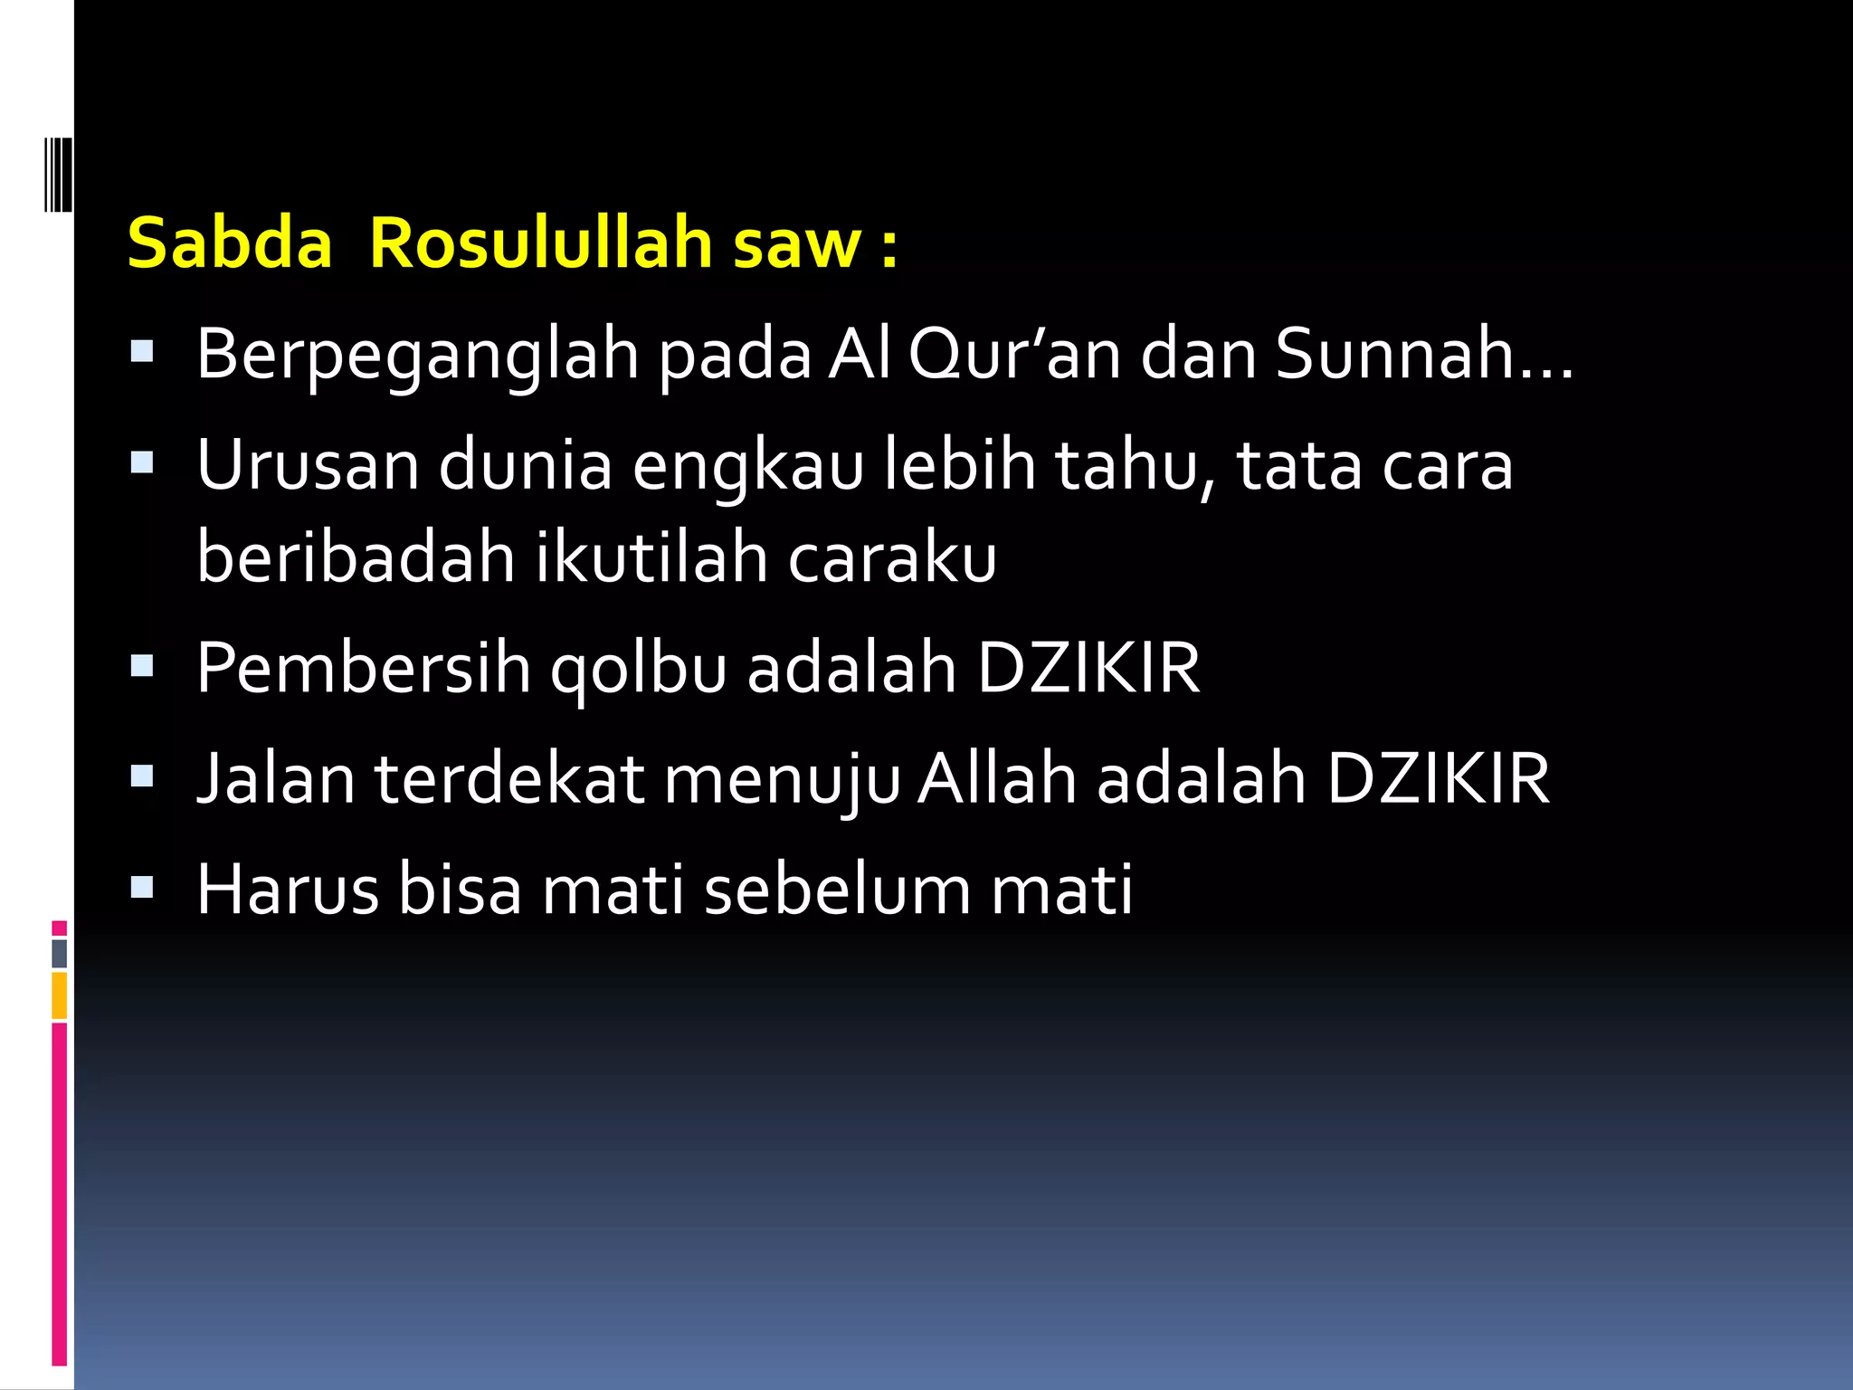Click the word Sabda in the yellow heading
pos(230,243)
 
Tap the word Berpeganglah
pos(416,355)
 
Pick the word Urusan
pos(308,465)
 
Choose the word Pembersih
pos(363,668)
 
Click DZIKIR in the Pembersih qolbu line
pos(1088,668)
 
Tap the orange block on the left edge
pos(59,995)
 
